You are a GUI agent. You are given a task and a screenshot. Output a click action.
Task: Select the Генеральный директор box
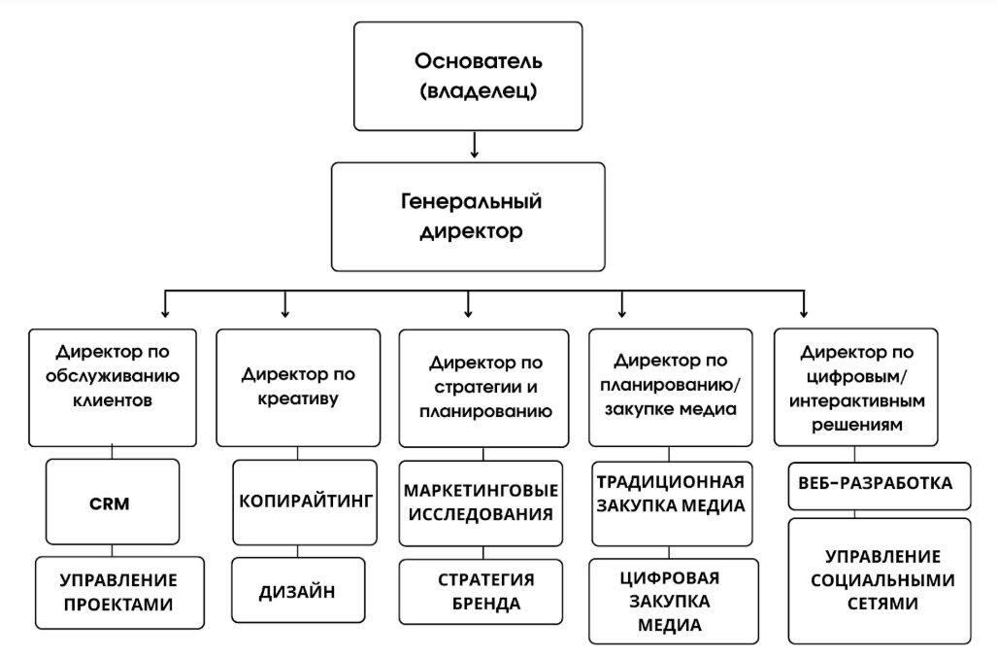468,217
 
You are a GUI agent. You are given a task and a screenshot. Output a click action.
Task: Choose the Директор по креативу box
298,387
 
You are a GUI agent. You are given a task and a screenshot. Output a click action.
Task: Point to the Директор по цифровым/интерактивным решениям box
856,387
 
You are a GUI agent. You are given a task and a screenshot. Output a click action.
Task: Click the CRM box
113,502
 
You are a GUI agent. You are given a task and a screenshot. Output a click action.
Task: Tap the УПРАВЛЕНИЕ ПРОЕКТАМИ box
119,592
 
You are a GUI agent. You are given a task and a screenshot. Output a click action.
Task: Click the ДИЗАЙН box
298,590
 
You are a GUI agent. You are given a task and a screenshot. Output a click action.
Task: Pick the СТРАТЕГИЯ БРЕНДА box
482,592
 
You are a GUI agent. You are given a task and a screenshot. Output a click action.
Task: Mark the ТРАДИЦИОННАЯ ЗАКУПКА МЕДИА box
671,495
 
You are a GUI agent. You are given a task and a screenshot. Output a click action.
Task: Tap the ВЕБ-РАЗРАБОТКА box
878,484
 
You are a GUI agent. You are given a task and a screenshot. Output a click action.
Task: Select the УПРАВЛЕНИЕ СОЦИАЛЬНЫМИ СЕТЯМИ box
878,580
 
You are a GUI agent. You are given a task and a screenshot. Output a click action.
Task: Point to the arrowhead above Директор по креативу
284,312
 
